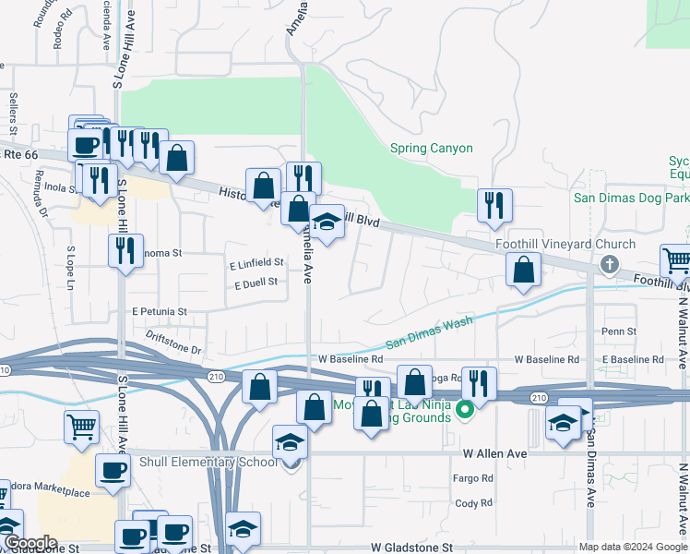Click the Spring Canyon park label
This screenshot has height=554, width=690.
click(431, 148)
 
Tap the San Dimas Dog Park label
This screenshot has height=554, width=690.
click(631, 197)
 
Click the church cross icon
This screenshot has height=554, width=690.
click(608, 266)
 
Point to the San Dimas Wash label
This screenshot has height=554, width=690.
click(428, 332)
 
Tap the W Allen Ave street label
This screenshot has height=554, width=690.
click(494, 454)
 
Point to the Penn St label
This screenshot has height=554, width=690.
click(618, 331)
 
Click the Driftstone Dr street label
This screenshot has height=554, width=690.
click(173, 343)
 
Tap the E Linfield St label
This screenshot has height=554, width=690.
click(256, 263)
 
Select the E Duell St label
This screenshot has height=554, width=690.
click(256, 283)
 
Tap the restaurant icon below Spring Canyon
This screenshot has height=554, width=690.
click(494, 205)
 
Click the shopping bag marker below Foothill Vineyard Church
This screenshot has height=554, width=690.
click(523, 270)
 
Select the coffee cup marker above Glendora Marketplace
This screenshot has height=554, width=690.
click(113, 469)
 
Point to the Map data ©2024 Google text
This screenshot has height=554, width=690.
click(632, 547)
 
